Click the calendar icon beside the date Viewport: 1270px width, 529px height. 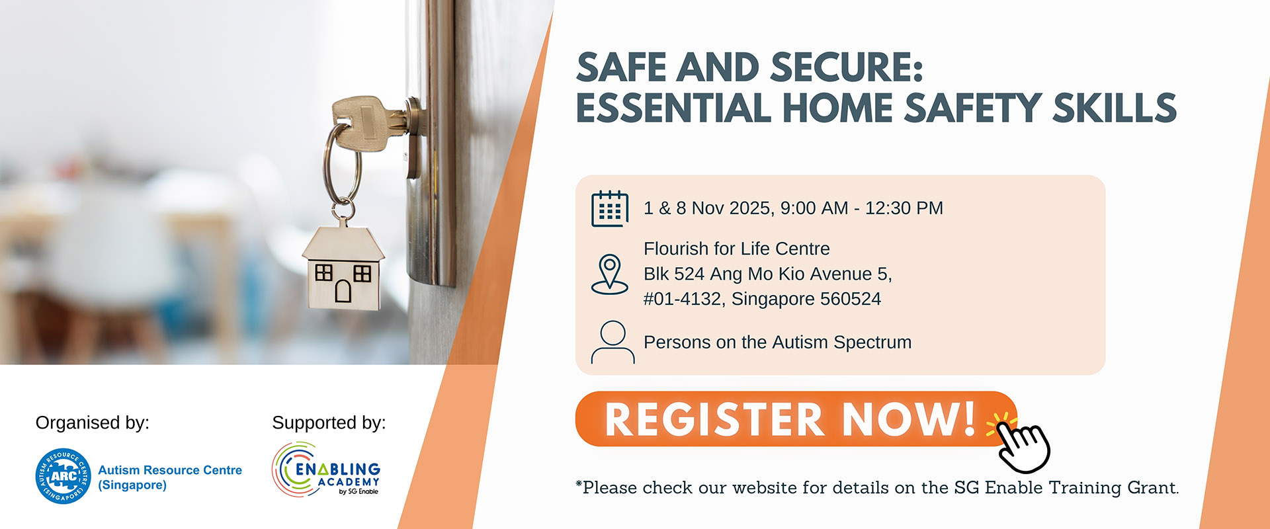(609, 209)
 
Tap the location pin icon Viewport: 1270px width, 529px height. (609, 274)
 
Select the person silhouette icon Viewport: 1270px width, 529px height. (613, 342)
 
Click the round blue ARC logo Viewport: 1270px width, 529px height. (63, 476)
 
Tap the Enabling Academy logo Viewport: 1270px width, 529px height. (326, 469)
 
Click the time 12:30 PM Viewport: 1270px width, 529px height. (904, 208)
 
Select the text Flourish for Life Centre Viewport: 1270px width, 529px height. (736, 249)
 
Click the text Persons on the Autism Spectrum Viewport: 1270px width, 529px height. (777, 343)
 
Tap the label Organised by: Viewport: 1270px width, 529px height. (93, 423)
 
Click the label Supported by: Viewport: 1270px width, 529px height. (329, 423)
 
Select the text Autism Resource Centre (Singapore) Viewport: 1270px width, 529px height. (170, 477)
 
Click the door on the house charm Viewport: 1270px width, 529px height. (343, 291)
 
